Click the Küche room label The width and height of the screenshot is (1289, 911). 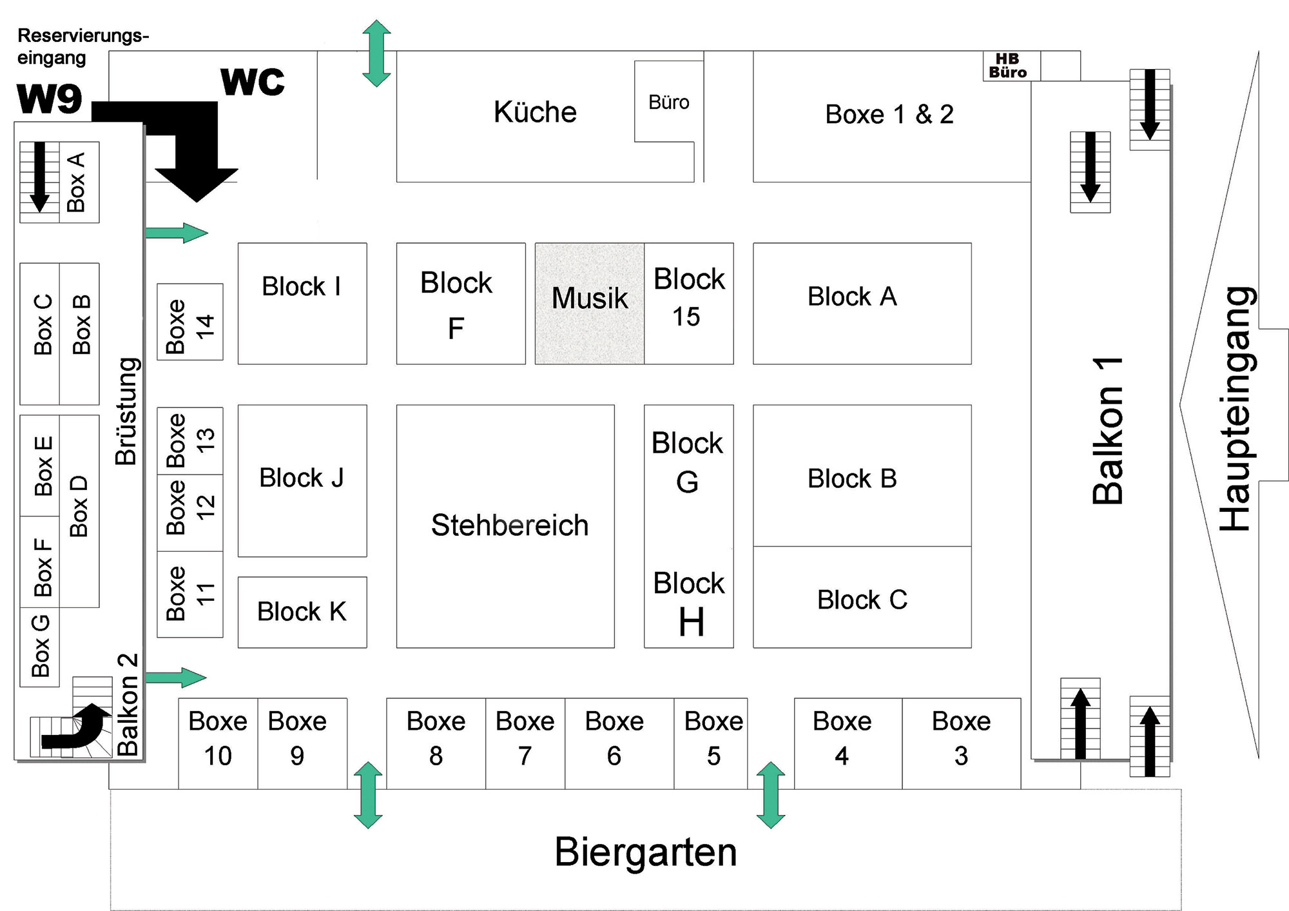point(535,112)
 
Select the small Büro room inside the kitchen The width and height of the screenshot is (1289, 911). point(668,103)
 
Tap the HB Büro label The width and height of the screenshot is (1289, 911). point(1008,66)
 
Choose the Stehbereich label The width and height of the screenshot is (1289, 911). point(509,525)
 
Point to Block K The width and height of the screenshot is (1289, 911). point(302,612)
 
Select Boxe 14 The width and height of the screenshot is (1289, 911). point(190,322)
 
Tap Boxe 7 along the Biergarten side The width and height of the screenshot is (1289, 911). point(525,739)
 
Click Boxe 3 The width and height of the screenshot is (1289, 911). point(961,739)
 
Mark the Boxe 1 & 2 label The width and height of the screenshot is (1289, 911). point(889,115)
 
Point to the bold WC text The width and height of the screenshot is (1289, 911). point(253,82)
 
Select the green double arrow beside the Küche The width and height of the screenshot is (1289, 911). point(376,53)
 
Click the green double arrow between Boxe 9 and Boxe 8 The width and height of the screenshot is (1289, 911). point(368,795)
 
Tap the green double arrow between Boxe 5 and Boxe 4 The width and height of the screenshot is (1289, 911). point(771,795)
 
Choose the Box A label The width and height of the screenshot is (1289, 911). point(76,182)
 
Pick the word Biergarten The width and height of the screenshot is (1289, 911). point(645,852)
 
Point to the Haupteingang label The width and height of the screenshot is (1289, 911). point(1236,409)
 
